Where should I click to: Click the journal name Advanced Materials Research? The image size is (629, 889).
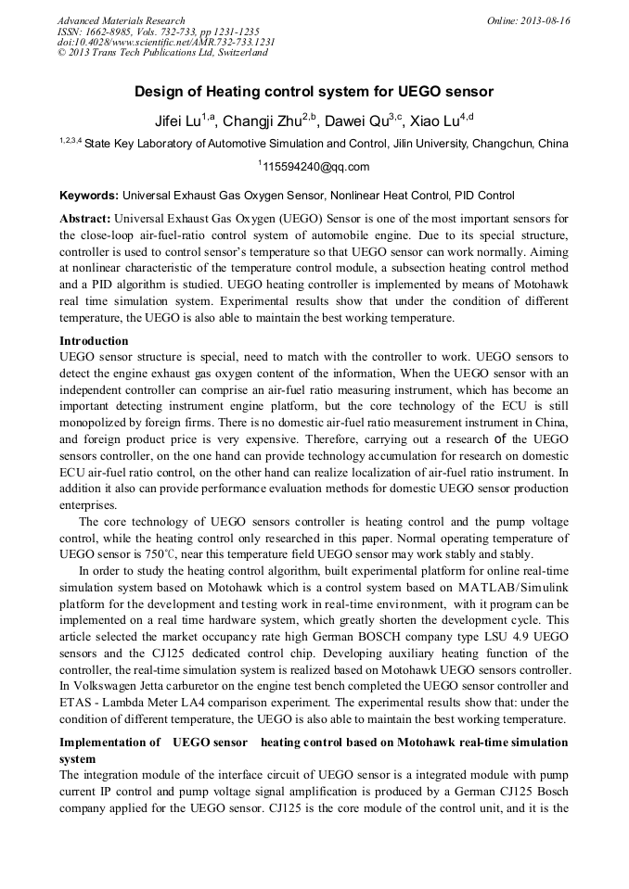click(121, 20)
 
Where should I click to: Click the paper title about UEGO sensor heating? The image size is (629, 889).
click(314, 92)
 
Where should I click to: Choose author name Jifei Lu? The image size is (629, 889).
click(177, 121)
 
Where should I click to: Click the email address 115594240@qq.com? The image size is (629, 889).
click(315, 168)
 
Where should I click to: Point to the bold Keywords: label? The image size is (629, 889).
click(89, 196)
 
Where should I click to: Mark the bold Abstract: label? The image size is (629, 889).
click(87, 218)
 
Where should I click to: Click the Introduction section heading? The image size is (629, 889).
click(94, 341)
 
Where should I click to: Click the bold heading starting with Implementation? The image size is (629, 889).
click(314, 743)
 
